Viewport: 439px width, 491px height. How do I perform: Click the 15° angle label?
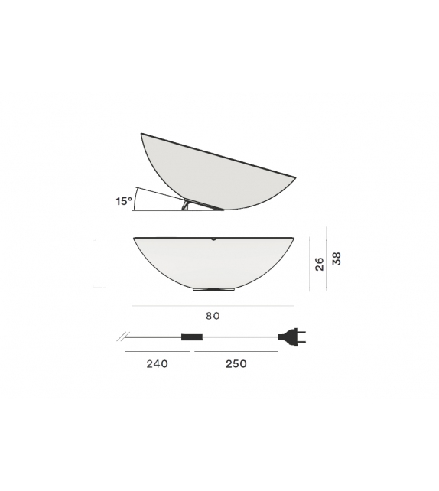pyautogui.click(x=124, y=201)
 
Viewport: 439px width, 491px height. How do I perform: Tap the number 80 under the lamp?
pyautogui.click(x=213, y=316)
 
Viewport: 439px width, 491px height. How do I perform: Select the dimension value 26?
pyautogui.click(x=320, y=264)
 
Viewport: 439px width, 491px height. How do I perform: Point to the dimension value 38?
pyautogui.click(x=337, y=259)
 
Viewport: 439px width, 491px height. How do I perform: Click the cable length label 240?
pyautogui.click(x=157, y=364)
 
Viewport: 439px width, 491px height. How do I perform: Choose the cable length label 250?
pyautogui.click(x=236, y=364)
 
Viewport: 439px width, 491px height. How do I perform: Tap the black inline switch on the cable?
pyautogui.click(x=191, y=337)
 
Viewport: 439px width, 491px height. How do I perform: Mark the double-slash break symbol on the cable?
pyautogui.click(x=122, y=335)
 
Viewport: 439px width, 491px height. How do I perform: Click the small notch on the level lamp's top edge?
pyautogui.click(x=214, y=239)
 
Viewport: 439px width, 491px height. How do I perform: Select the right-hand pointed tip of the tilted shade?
pyautogui.click(x=294, y=178)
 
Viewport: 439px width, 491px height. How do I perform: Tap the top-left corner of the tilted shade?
pyautogui.click(x=141, y=135)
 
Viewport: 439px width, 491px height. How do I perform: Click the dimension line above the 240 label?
pyautogui.click(x=157, y=352)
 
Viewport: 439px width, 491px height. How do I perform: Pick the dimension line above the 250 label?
pyautogui.click(x=236, y=352)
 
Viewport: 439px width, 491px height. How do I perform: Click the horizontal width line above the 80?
pyautogui.click(x=213, y=306)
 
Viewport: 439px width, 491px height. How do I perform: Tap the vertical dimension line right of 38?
pyautogui.click(x=327, y=259)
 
